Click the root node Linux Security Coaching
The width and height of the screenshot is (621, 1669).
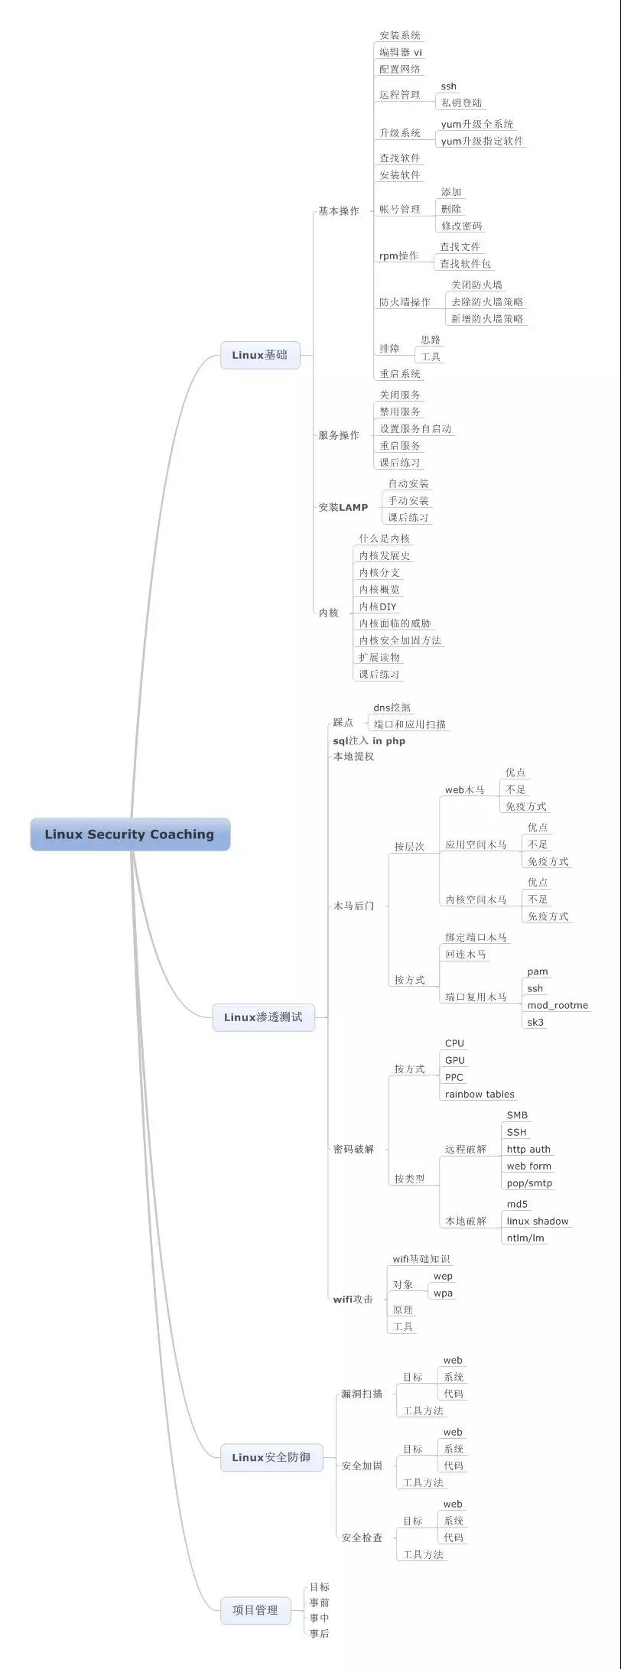[x=130, y=834]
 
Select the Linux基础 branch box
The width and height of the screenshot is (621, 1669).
[x=260, y=355]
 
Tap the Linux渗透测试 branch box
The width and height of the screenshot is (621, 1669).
[x=263, y=1017]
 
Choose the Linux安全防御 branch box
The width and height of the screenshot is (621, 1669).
[x=271, y=1457]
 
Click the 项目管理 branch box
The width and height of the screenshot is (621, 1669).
[x=255, y=1610]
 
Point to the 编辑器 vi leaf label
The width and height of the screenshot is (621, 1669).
[x=401, y=52]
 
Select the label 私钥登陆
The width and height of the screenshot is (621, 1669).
[x=462, y=102]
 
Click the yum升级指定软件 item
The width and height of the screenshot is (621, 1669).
[x=482, y=141]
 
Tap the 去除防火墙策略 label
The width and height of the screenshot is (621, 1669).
[x=487, y=301]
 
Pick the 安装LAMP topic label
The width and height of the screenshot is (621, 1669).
[x=343, y=507]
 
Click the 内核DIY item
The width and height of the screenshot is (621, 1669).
[x=378, y=607]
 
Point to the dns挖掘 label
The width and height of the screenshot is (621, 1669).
[x=392, y=708]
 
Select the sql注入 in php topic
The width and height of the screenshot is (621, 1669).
[x=369, y=740]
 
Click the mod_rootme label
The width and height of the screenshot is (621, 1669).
[x=558, y=1005]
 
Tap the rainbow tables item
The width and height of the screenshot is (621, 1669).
[x=480, y=1094]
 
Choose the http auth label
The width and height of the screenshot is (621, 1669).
[x=528, y=1149]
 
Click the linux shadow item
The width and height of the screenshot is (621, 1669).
[x=538, y=1221]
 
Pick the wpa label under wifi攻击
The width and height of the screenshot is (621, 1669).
[x=443, y=1293]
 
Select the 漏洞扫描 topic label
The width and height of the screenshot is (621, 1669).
[x=362, y=1394]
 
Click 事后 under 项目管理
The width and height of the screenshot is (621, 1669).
[x=319, y=1633]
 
